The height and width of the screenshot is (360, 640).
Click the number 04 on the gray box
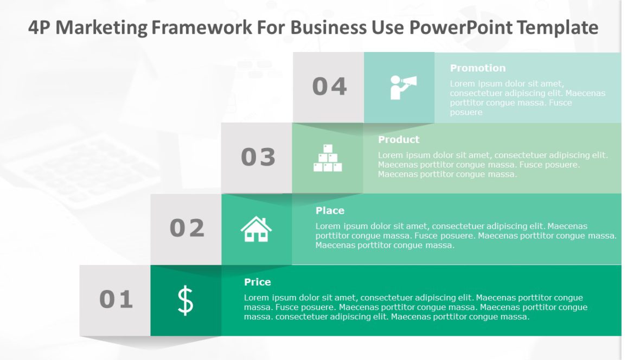(x=329, y=87)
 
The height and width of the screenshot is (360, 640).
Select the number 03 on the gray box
(x=258, y=157)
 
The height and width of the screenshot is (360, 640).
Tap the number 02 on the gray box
(x=187, y=228)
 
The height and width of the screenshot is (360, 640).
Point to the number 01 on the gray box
(x=116, y=299)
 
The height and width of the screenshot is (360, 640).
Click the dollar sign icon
(x=185, y=300)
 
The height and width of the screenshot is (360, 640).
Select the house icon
(x=256, y=229)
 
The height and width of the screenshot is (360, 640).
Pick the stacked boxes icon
(x=328, y=158)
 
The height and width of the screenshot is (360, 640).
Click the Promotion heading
(x=477, y=68)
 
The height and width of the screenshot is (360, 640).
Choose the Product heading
(x=399, y=139)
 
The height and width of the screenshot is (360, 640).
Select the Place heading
(x=330, y=210)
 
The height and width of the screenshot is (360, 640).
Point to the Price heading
(x=257, y=282)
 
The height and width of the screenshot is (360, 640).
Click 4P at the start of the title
(x=39, y=27)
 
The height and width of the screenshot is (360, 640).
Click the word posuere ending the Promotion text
(x=466, y=112)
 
